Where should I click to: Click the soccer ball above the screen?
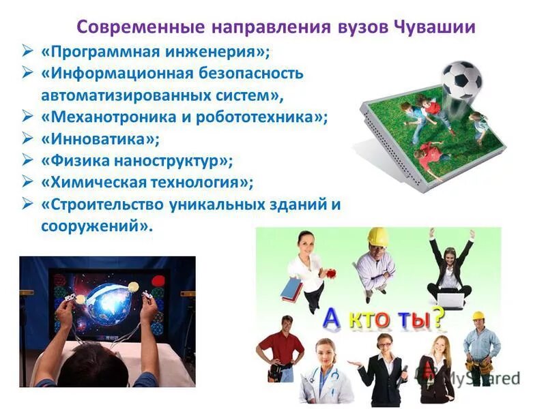pyautogui.click(x=461, y=80)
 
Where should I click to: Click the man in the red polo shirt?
pyautogui.click(x=280, y=348)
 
